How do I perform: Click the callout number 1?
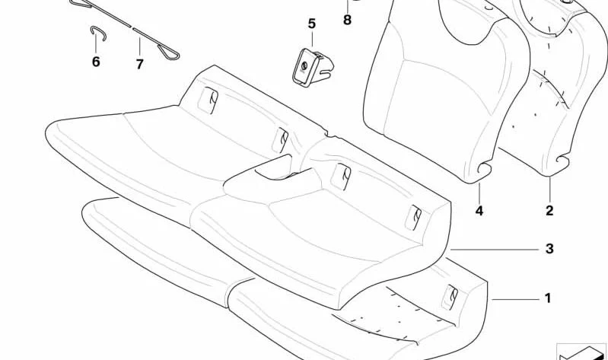tap(548, 298)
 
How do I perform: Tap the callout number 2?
tap(549, 211)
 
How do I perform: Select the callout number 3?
tap(549, 249)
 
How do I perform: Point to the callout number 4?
tap(479, 211)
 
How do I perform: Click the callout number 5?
tap(312, 24)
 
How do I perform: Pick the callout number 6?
tap(96, 62)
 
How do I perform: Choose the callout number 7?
tap(139, 64)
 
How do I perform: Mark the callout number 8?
tap(347, 20)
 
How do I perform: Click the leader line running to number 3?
tap(495, 250)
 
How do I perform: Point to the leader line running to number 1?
tap(516, 299)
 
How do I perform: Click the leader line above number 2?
tap(549, 189)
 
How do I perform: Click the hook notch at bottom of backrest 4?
tap(484, 169)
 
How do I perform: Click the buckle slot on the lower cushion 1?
tap(450, 298)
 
